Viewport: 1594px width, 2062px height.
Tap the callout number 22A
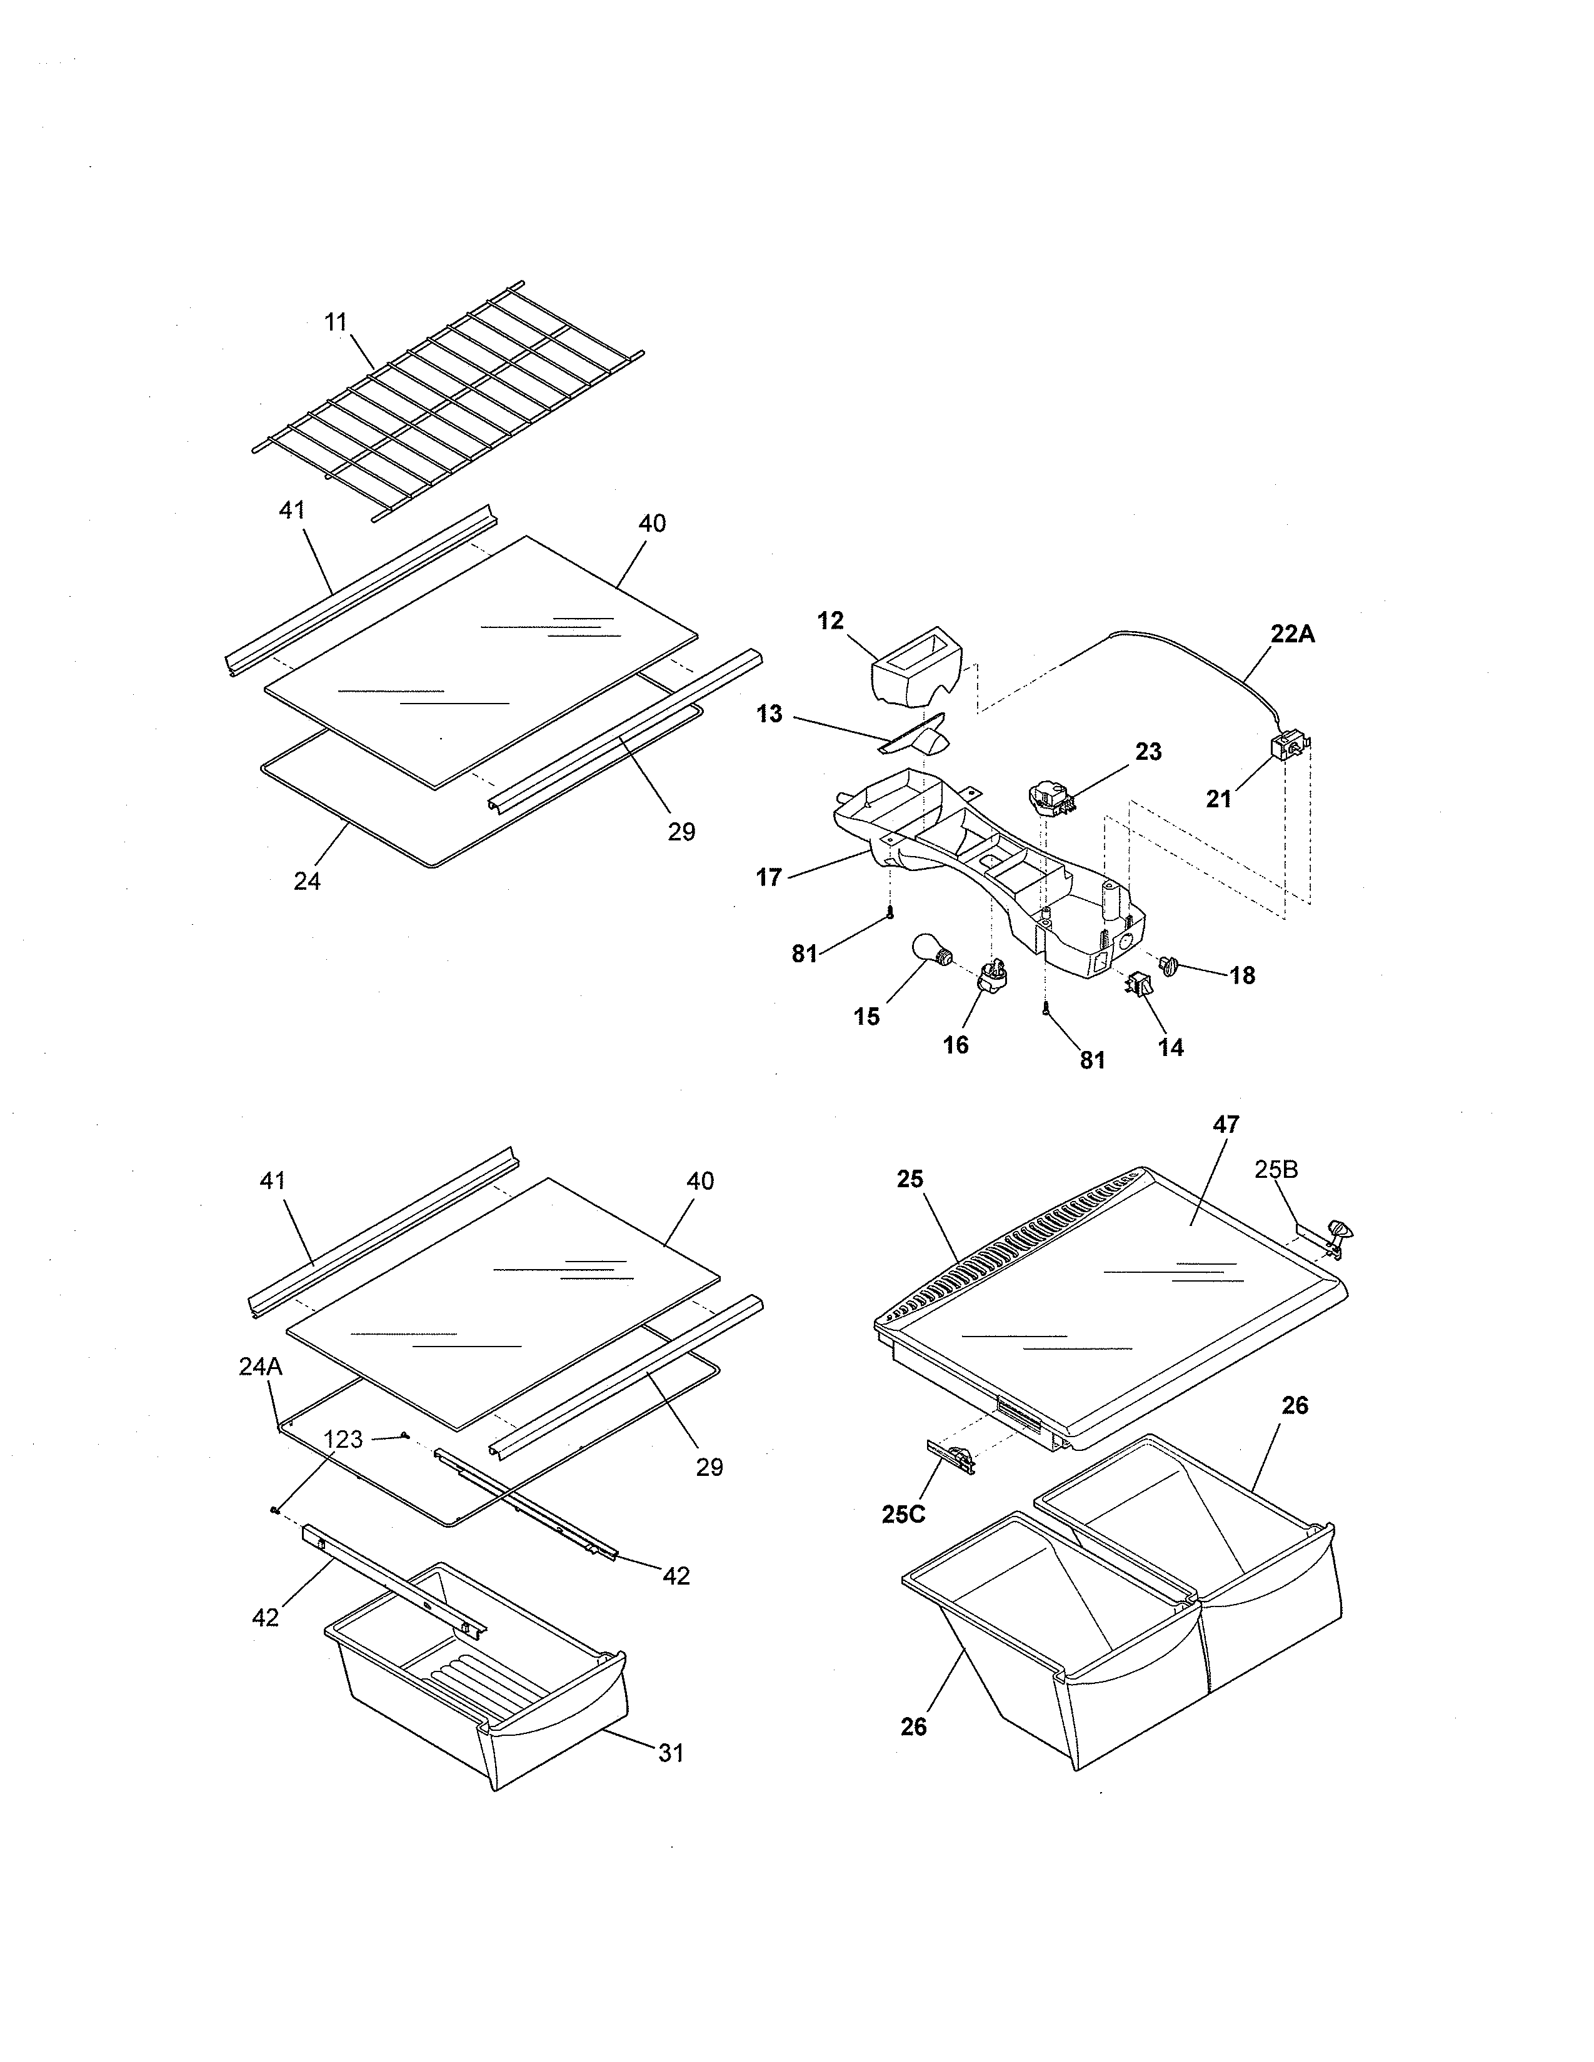pos(1292,634)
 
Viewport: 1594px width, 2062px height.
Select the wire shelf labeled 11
pos(449,401)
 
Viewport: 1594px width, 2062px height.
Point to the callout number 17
pos(769,877)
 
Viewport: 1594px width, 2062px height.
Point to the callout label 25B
pos(1276,1170)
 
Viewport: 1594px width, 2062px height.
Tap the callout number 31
pos(671,1753)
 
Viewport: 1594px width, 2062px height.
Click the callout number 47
pos(1226,1125)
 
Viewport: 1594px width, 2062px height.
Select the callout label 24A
pos(261,1366)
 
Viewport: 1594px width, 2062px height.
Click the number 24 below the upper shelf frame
pos(307,881)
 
